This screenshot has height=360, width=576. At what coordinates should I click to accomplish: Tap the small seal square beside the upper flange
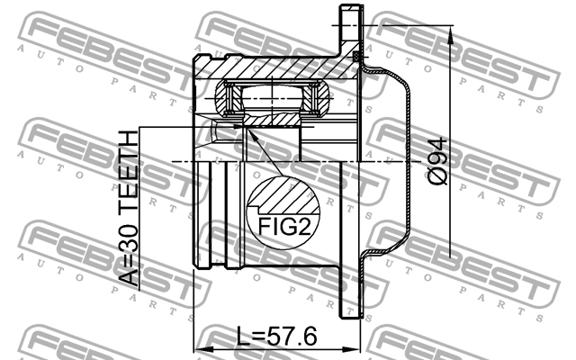pos(358,58)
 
